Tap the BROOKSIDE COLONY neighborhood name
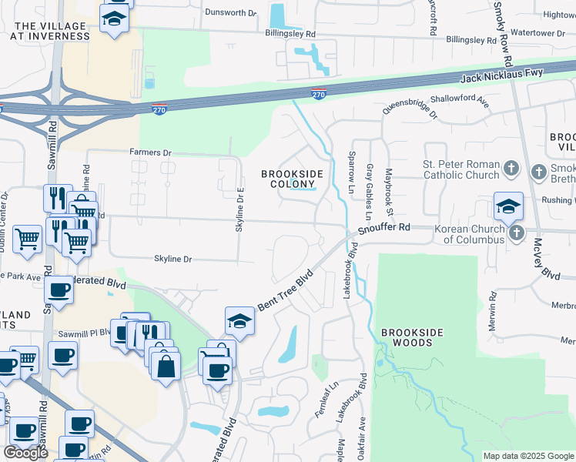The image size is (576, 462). click(292, 179)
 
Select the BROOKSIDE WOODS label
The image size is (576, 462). click(412, 337)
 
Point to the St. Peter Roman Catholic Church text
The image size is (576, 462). click(460, 169)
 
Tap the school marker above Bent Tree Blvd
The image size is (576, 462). click(239, 321)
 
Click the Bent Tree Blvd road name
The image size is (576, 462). click(286, 290)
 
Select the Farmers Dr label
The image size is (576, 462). click(151, 154)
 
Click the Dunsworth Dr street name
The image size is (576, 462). click(230, 13)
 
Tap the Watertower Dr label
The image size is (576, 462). click(533, 34)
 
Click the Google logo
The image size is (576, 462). click(25, 453)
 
